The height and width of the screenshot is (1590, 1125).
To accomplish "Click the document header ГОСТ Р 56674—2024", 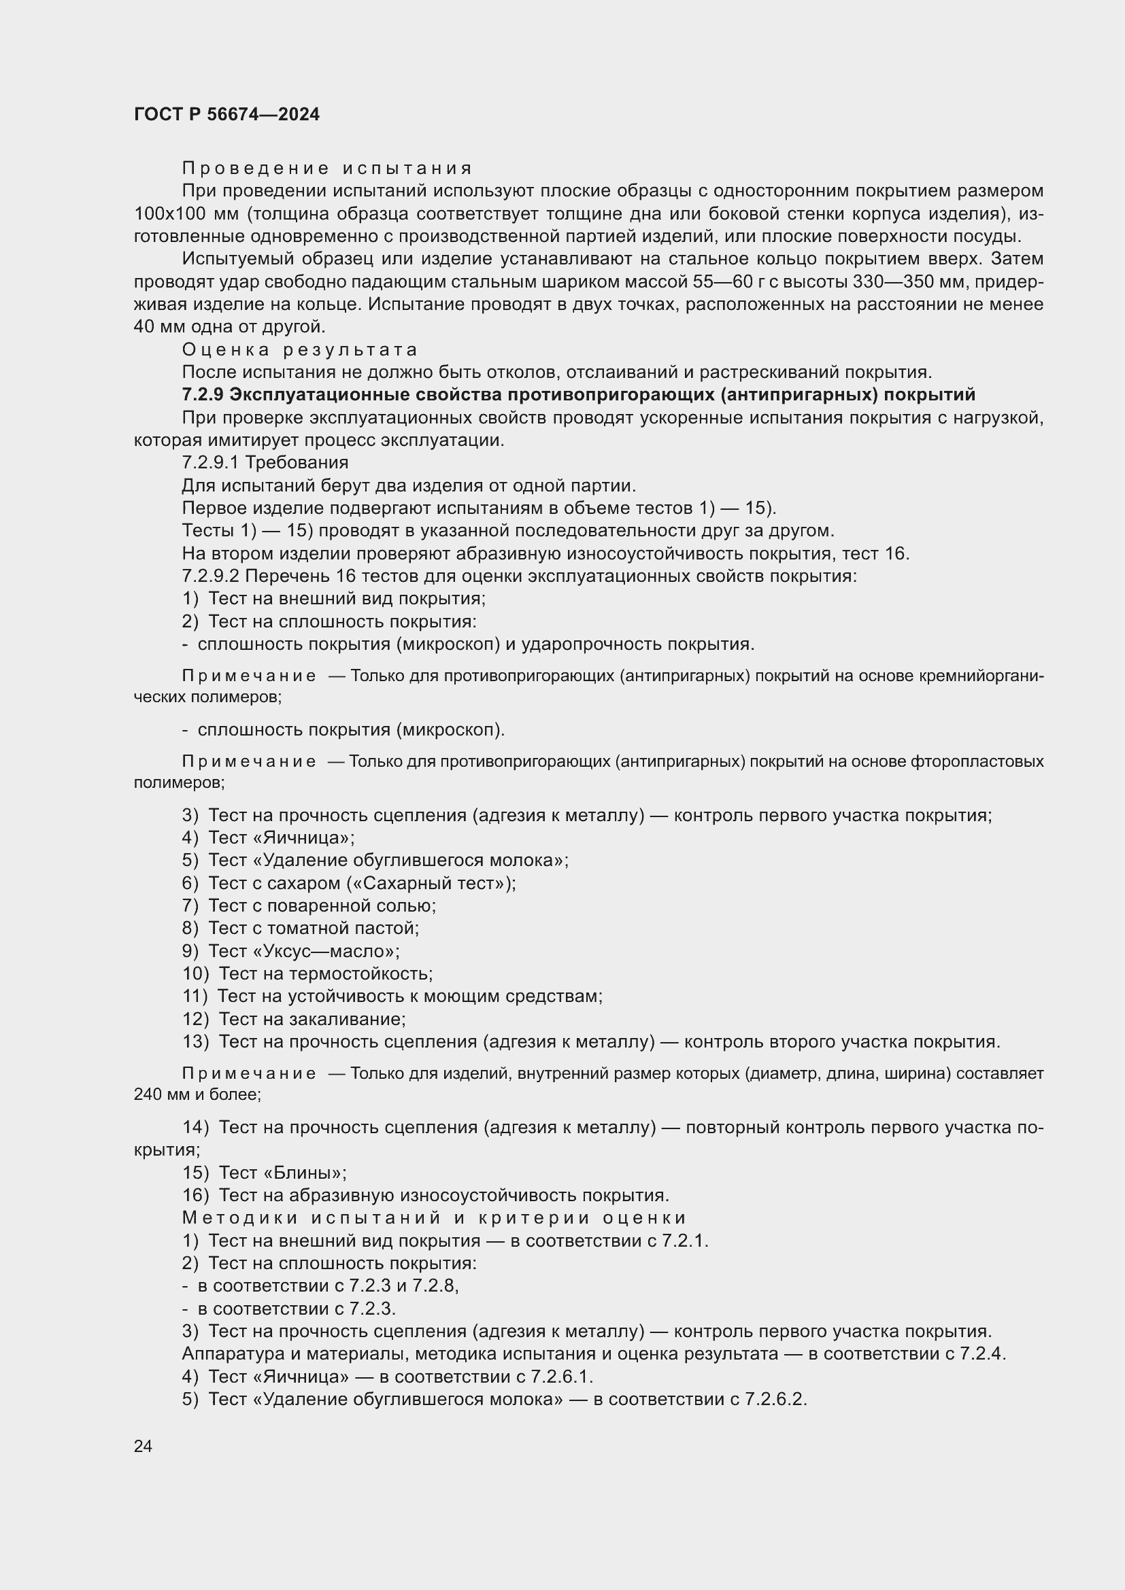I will click(226, 115).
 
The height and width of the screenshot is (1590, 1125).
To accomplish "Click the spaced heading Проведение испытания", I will click(327, 169).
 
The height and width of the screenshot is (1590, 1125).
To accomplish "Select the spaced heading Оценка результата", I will click(299, 349).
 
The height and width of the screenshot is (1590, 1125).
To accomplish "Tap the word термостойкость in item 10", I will click(360, 974).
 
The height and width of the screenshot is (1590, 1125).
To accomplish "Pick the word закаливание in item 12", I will click(347, 1020).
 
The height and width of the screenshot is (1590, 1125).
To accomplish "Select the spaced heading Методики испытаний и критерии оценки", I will click(435, 1218).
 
